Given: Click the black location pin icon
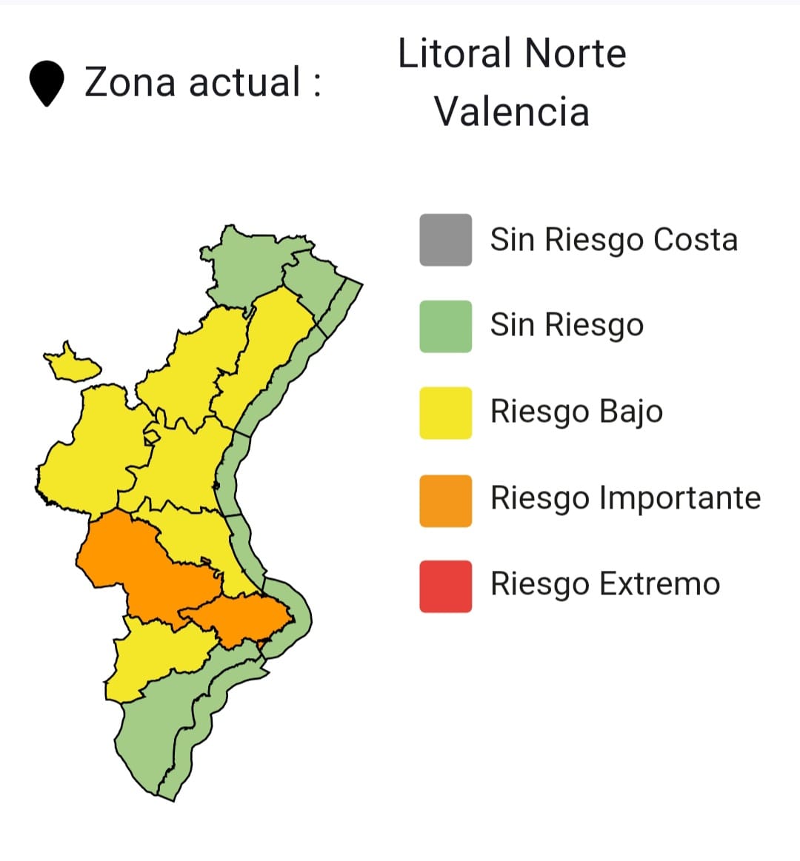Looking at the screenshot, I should coord(46,84).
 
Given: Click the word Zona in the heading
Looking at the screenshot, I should coord(130,82).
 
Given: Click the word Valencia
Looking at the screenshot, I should coord(511,112).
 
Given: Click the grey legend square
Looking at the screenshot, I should coord(445,240).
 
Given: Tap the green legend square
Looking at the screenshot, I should coord(445,326).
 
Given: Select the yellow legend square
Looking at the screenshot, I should coord(445,412).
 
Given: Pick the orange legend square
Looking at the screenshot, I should coord(445,500).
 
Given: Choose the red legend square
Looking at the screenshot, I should coord(445,586).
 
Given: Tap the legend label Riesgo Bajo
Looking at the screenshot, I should coord(576,412).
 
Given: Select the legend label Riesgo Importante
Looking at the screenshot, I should coord(625,498).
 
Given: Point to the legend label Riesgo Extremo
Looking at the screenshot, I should coord(604,584).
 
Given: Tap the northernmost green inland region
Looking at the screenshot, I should coord(248,263).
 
